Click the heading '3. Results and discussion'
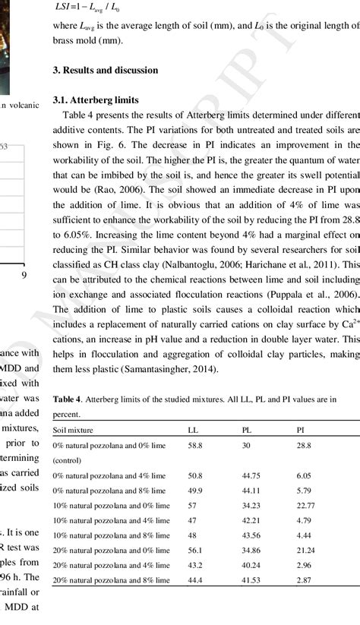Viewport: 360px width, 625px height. click(x=105, y=70)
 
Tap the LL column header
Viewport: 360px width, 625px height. click(x=193, y=429)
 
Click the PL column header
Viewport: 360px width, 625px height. click(x=247, y=429)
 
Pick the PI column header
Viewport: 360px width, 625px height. click(x=301, y=429)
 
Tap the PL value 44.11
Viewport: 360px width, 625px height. click(x=251, y=490)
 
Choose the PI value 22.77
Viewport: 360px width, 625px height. click(x=306, y=505)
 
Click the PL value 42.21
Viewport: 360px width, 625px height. click(x=251, y=520)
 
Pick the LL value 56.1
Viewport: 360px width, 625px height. click(x=196, y=550)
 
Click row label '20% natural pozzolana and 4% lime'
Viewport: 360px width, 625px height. click(x=109, y=565)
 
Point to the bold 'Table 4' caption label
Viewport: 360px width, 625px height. click(x=66, y=399)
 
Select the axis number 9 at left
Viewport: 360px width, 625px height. click(x=24, y=275)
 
